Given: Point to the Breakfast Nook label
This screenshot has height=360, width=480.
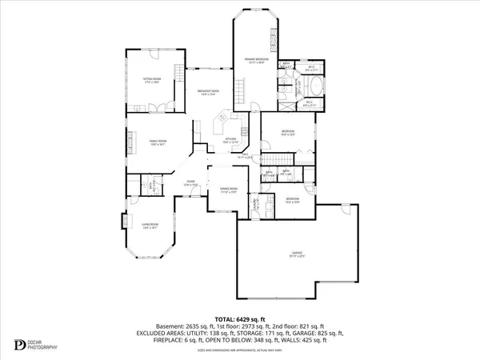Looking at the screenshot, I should tap(209, 94).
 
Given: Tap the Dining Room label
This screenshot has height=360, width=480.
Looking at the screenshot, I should tap(230, 191).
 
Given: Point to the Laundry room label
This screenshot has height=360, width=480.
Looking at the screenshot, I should tap(255, 205).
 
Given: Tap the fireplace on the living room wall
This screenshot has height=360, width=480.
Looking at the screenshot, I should tap(123, 221).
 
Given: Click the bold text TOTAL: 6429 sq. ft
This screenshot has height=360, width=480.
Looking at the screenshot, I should tap(241, 318).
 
